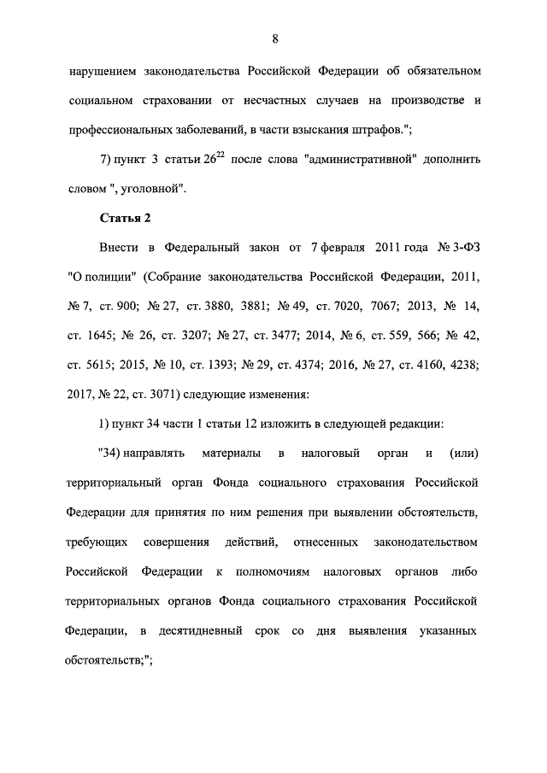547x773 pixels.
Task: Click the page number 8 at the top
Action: click(275, 38)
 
